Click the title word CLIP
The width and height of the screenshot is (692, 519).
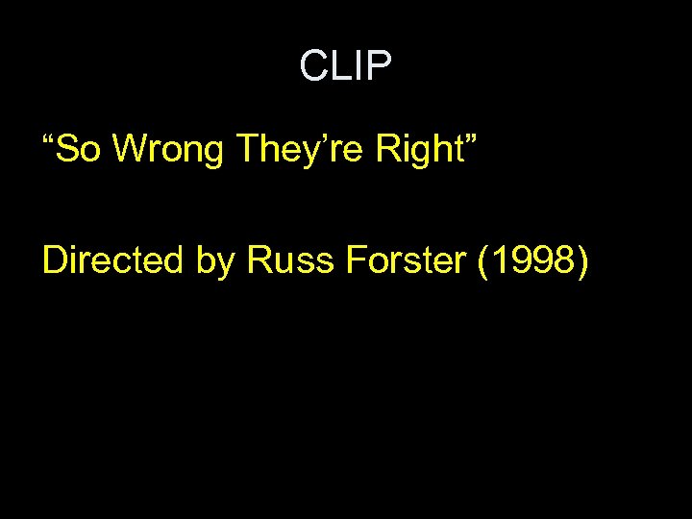pos(345,66)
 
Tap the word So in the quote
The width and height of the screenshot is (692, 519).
pos(82,152)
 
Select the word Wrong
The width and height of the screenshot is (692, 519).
pos(170,152)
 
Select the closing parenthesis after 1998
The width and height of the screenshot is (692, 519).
pos(580,260)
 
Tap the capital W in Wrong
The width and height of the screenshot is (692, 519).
pos(134,152)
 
